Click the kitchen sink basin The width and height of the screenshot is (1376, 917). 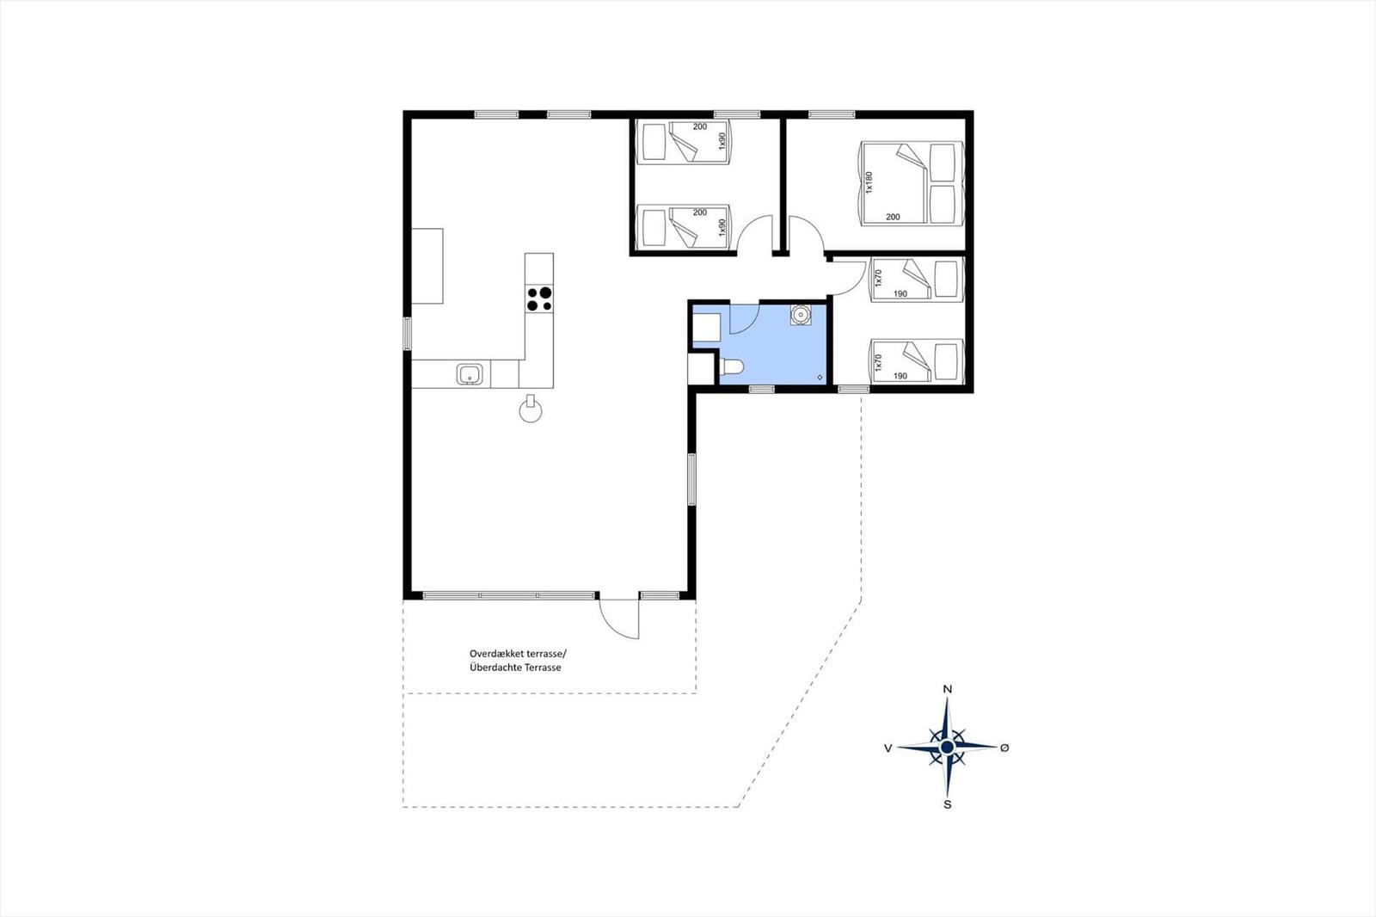point(470,373)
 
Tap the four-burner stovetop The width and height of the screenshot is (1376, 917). point(539,299)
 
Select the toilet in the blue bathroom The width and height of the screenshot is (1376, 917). point(731,367)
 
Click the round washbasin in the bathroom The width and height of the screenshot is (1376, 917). point(801,315)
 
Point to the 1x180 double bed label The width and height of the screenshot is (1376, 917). point(869,182)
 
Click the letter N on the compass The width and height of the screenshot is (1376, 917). point(947,690)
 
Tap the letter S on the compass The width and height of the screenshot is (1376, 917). point(947,804)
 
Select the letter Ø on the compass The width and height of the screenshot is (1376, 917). point(1004,748)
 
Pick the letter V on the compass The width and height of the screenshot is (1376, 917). point(888,748)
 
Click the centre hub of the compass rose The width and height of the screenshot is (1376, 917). point(947,748)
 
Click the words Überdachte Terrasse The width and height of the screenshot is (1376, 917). point(515,668)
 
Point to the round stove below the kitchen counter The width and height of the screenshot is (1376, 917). point(531,410)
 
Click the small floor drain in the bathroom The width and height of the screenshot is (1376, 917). point(820,377)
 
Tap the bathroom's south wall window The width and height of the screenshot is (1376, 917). point(762,389)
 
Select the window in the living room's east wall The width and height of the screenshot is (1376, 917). point(691,479)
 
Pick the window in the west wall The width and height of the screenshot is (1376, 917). point(407,334)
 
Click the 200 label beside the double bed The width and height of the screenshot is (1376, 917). point(893,217)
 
